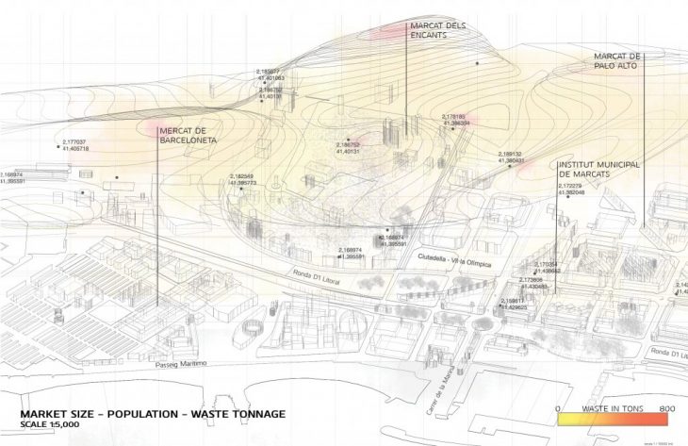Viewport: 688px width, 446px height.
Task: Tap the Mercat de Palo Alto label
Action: (617, 61)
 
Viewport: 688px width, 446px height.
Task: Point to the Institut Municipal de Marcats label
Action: (598, 170)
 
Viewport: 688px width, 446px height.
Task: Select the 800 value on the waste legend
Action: (668, 408)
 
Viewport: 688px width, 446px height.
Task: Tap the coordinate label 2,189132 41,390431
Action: (511, 157)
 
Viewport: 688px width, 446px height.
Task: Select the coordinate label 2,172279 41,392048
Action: (572, 190)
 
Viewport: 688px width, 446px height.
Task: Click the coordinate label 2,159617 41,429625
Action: (515, 304)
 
